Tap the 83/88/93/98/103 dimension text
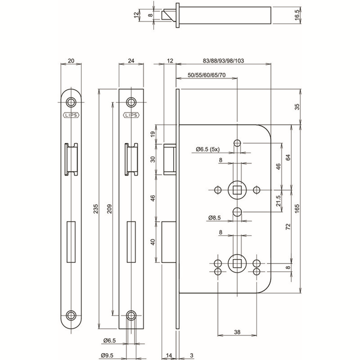[223, 61]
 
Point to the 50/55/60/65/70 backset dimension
[207, 75]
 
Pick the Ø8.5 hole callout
[215, 217]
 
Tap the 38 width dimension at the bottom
[237, 332]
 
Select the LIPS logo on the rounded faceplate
[71, 116]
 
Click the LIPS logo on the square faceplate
[131, 116]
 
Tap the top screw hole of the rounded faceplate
[71, 102]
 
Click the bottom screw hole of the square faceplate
[131, 315]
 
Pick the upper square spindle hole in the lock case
[237, 189]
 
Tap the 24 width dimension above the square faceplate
[130, 61]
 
